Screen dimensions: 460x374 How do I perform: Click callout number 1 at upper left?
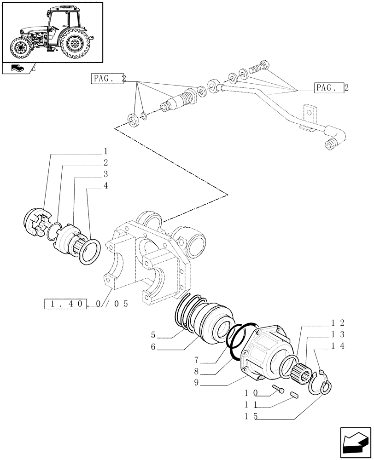tap(105, 151)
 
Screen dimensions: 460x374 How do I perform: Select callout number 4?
tap(105, 186)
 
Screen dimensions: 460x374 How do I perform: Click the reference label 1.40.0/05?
tap(86, 304)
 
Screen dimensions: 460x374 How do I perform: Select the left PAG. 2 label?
tap(109, 79)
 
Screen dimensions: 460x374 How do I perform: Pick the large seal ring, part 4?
tap(87, 252)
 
